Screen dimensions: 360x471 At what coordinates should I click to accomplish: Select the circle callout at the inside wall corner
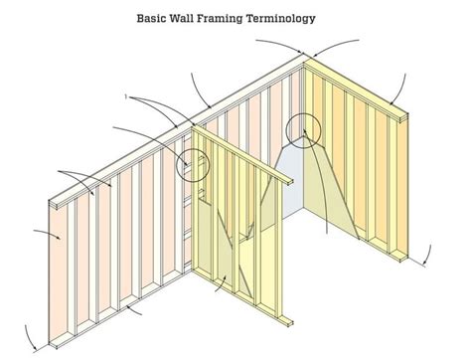(301, 129)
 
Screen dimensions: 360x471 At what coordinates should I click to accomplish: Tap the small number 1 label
(127, 96)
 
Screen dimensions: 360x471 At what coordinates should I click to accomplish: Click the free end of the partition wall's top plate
(289, 180)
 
